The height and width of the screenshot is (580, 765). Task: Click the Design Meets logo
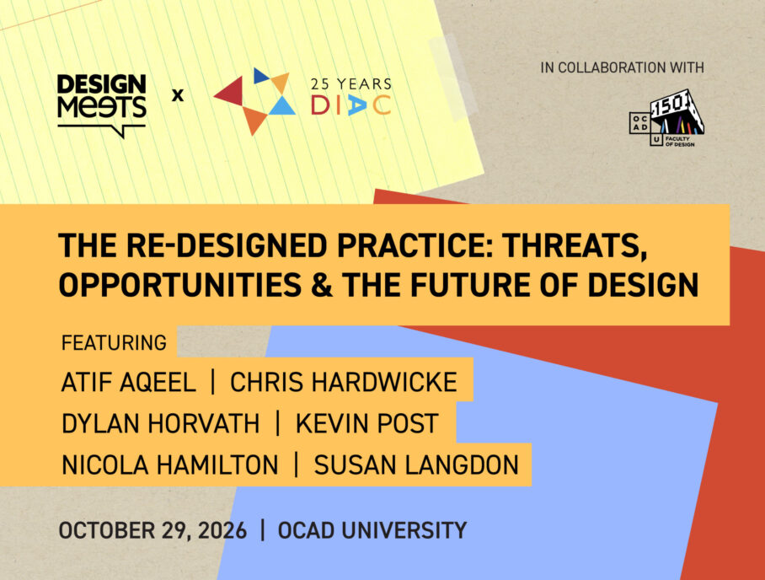pos(101,105)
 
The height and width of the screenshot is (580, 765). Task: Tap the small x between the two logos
pos(178,94)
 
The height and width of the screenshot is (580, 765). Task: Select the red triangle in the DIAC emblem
pos(229,91)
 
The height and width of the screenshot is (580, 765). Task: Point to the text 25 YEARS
pos(351,84)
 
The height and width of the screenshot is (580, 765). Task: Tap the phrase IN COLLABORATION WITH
pos(622,67)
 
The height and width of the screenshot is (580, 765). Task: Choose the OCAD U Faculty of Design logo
pos(667,118)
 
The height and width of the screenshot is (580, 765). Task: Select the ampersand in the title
pos(322,285)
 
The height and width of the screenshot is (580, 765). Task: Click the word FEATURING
pos(114,343)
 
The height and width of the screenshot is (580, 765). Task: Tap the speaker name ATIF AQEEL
pos(128,382)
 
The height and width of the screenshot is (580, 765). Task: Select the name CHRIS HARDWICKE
pos(344,382)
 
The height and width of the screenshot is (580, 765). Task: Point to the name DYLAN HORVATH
pos(161,423)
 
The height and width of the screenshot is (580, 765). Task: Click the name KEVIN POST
pos(366,423)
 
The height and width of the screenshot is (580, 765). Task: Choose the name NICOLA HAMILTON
pos(170,465)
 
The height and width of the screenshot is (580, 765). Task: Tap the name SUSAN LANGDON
pos(416,465)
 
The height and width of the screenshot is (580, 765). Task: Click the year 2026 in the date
pos(222,531)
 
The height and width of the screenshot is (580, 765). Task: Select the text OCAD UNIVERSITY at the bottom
pos(372,531)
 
